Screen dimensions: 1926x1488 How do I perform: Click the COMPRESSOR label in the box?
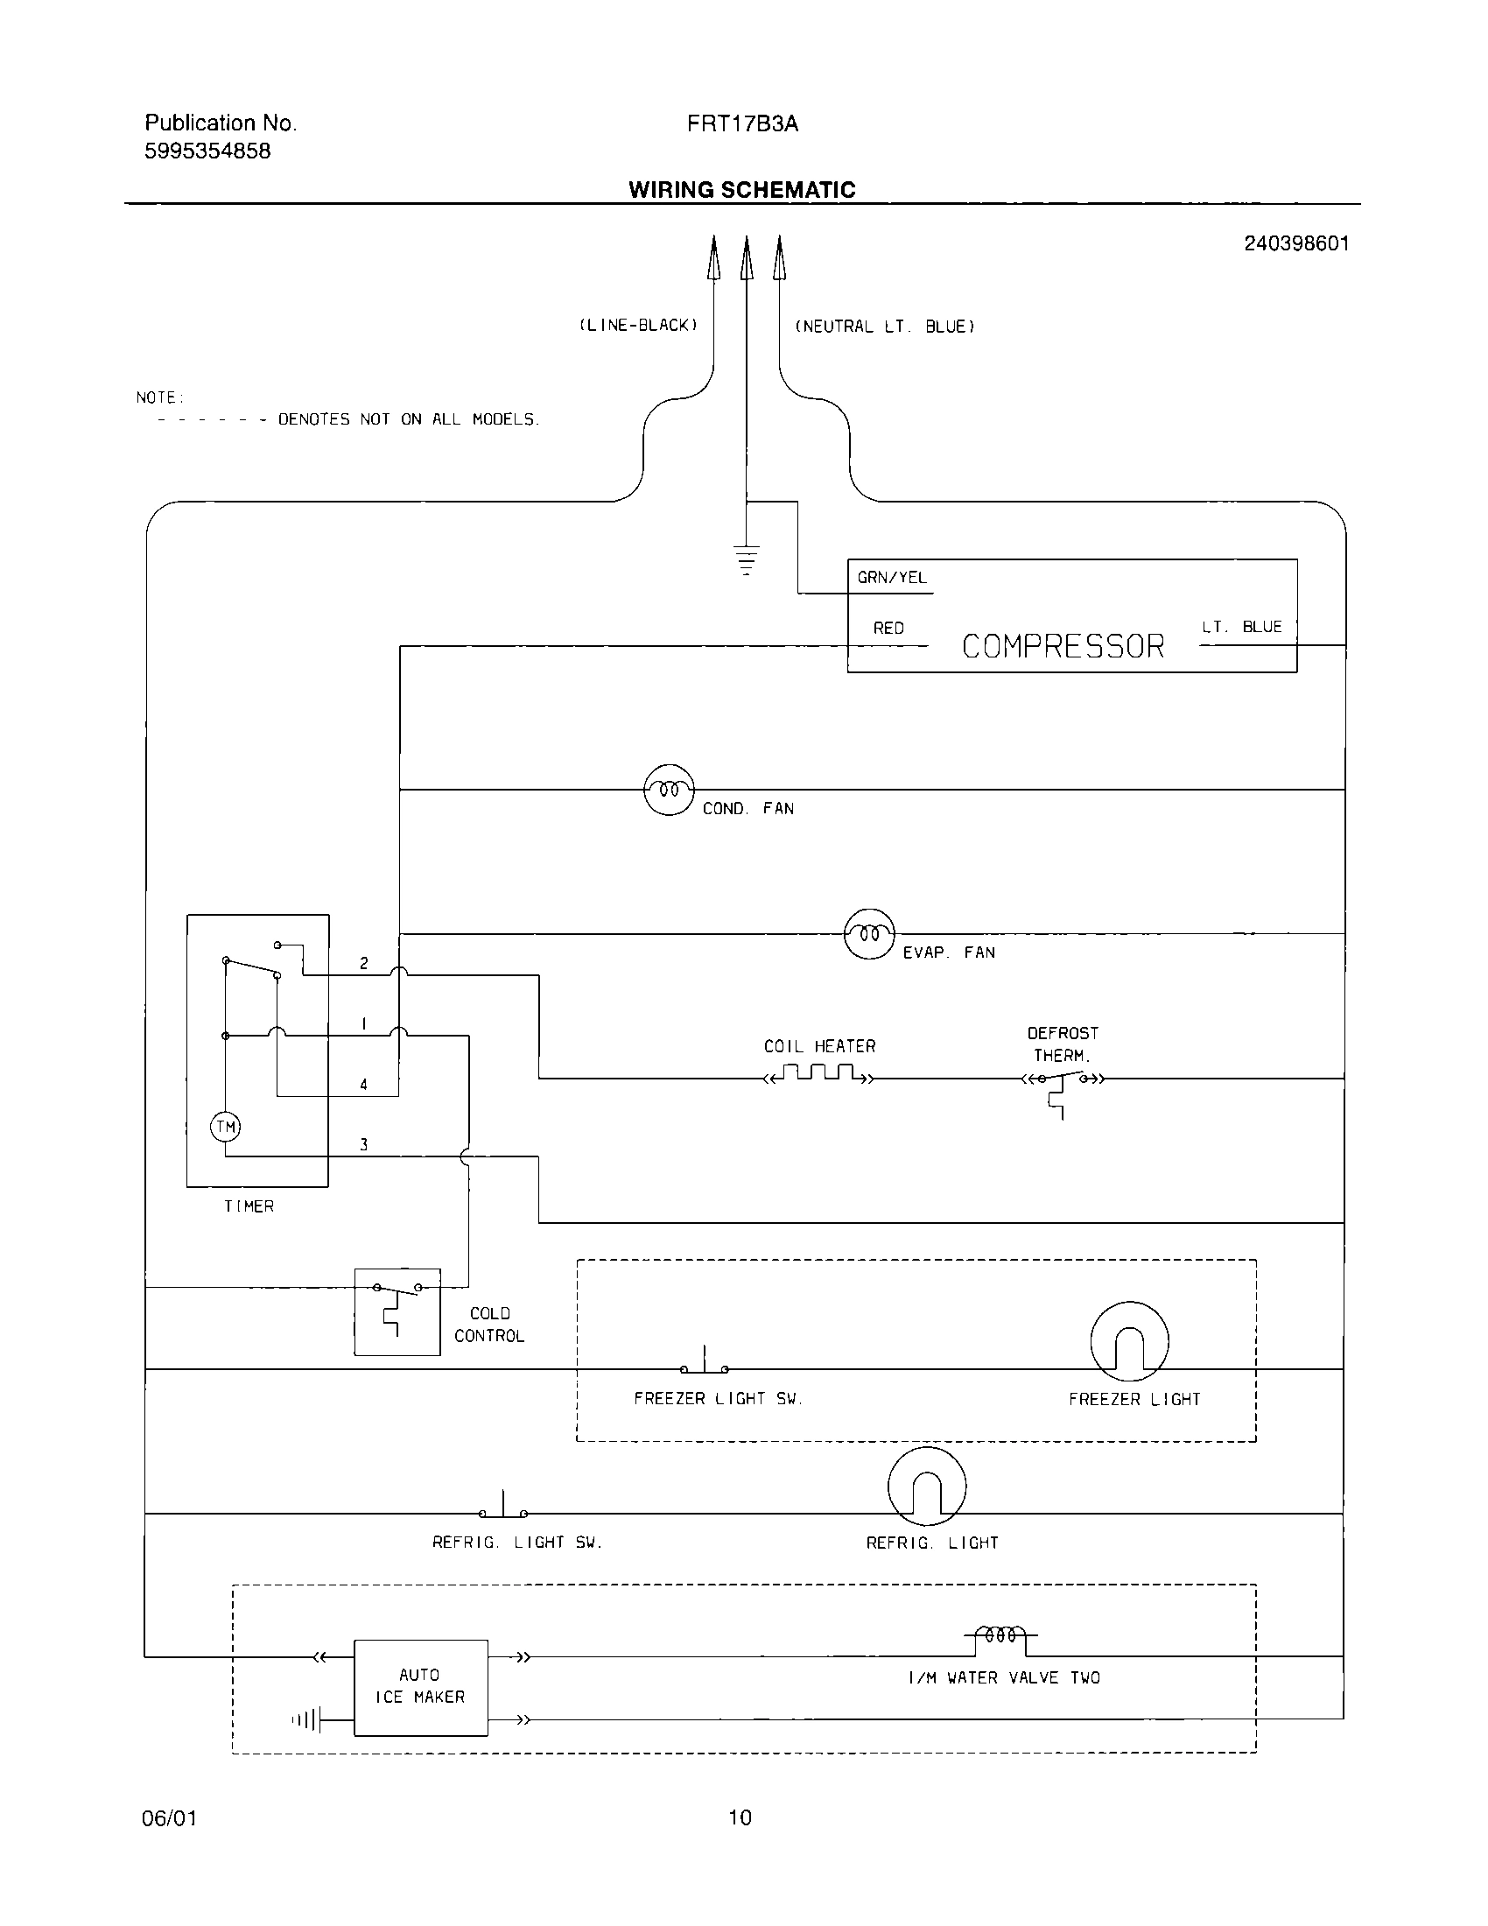(1063, 646)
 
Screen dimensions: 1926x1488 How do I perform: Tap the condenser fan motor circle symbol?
(669, 790)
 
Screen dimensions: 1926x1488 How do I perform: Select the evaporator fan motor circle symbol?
(869, 933)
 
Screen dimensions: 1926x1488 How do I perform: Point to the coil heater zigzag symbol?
(819, 1074)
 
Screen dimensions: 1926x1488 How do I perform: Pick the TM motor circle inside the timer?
(226, 1126)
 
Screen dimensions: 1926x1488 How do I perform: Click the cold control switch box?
(397, 1311)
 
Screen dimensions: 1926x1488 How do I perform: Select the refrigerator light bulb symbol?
(926, 1486)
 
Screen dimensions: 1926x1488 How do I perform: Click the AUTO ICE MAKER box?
(420, 1687)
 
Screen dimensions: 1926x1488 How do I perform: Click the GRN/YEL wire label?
(892, 578)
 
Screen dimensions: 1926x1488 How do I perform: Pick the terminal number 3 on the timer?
(363, 1145)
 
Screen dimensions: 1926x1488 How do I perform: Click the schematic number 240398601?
(1295, 243)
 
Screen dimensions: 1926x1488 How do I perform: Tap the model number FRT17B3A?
(742, 123)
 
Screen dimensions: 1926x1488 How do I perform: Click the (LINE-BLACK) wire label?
(638, 326)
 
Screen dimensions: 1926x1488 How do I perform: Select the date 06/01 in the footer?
(169, 1818)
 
